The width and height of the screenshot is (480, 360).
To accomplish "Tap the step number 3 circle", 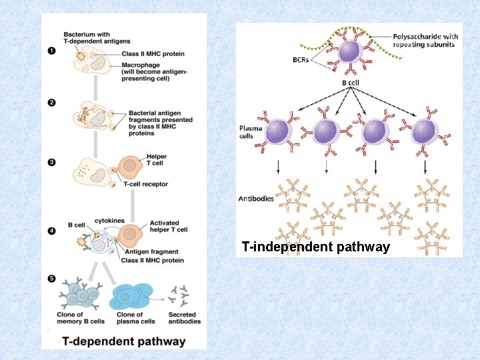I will [x=52, y=161].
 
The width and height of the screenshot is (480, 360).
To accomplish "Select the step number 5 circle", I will [x=52, y=278].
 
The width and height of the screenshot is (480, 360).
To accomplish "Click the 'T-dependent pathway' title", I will [x=124, y=341].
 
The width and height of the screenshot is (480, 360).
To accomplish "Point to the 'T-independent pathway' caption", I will [x=316, y=247].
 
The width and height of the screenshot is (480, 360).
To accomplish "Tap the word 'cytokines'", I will [x=109, y=220].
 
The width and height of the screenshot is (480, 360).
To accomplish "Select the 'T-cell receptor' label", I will [x=145, y=184].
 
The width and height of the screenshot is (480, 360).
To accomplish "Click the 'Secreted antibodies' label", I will [x=185, y=318].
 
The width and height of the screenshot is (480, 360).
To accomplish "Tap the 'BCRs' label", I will [x=301, y=59].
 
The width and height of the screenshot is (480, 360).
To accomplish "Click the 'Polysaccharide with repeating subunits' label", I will [x=425, y=40].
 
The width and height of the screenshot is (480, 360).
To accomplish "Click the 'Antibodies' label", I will [x=256, y=199].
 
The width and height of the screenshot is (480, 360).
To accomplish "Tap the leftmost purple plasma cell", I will [x=275, y=130].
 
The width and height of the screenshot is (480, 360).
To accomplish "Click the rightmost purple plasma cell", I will [x=424, y=130].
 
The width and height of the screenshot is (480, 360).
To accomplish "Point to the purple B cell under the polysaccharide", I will [x=351, y=53].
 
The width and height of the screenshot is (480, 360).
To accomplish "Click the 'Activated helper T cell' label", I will [x=169, y=226].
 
